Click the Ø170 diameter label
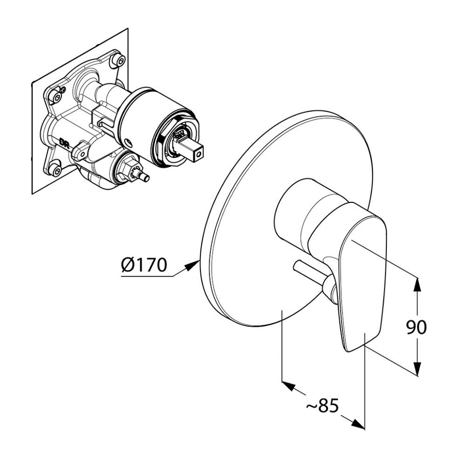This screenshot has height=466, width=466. (143, 265)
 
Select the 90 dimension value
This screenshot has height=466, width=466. (416, 327)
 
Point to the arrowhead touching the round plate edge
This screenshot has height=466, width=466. (193, 266)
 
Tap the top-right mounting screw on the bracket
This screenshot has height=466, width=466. (120, 60)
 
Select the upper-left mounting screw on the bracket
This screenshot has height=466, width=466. (56, 97)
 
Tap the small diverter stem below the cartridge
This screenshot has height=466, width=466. (144, 177)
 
